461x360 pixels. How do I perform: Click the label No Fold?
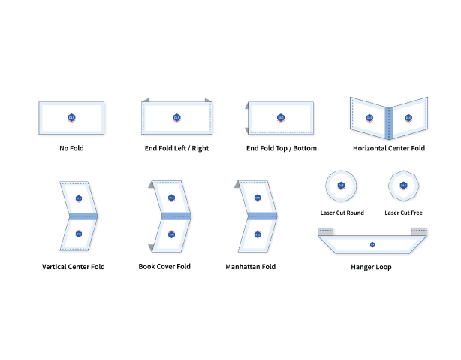coord(71,148)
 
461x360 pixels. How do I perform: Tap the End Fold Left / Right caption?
coord(176,148)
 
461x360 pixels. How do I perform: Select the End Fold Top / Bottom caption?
coord(282,148)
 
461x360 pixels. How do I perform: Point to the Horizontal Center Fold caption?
coord(389,148)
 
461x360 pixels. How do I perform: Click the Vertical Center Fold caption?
coord(74,267)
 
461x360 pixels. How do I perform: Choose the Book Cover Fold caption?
coord(164,266)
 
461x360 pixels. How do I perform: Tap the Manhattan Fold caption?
coord(251,267)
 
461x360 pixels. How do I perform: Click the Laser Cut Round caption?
coord(342,213)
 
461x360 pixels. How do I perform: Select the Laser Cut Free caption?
coord(403,213)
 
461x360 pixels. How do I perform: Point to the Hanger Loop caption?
coord(371,267)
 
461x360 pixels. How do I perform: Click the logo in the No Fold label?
coord(71,118)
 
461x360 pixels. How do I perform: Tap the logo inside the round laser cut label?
coord(341,186)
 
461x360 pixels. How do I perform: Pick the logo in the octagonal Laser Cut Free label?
coord(403,186)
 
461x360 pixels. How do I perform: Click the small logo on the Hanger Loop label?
coord(372,244)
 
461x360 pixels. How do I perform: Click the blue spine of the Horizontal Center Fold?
coord(389,123)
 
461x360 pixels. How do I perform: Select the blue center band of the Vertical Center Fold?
coord(83,216)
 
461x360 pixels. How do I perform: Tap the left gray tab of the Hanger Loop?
coord(325,231)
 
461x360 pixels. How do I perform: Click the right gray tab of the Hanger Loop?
coord(419,231)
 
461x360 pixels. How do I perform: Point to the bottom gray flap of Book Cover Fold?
coord(152,248)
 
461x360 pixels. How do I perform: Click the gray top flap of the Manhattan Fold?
coord(237,184)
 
